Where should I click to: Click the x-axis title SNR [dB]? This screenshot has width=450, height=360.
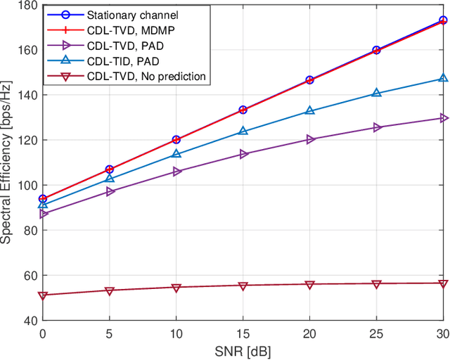243,349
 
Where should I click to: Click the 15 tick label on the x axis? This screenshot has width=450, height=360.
243,332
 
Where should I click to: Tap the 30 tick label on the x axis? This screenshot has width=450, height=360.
442,332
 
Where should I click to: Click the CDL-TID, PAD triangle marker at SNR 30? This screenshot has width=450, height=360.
443,79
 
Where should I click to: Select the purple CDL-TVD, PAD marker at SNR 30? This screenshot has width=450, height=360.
443,118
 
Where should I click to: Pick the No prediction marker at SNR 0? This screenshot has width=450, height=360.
42,295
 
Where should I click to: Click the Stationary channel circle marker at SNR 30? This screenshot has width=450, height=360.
443,20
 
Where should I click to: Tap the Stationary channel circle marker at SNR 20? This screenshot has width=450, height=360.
309,80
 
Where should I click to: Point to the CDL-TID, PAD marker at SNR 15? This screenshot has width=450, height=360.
243,131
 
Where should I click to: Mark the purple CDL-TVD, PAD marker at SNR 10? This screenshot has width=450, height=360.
176,172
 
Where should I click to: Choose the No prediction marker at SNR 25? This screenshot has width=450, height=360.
376,284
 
